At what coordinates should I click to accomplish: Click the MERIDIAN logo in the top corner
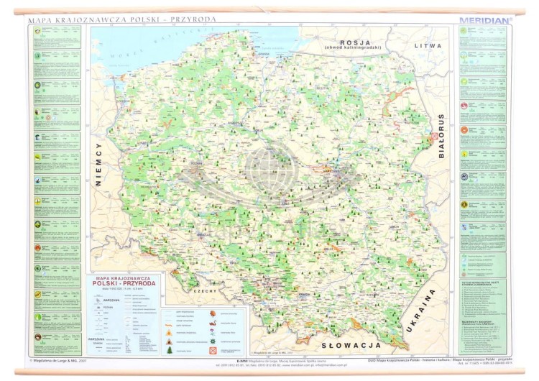coord(486,21)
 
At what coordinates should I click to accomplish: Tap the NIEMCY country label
coord(99,165)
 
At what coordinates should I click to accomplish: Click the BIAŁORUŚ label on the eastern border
coord(441,136)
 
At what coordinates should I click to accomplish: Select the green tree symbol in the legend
coord(170,349)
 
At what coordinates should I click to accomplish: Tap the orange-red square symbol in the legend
coord(213,350)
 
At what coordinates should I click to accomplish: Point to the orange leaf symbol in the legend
coord(213,313)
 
